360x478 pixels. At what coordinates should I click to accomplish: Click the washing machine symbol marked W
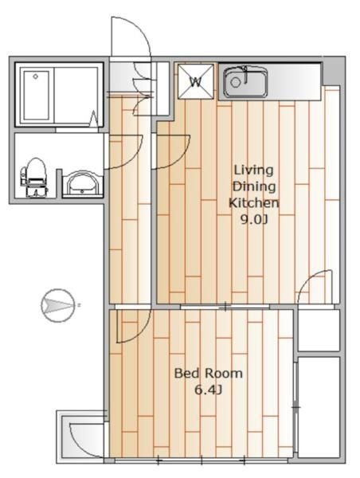pyautogui.click(x=196, y=81)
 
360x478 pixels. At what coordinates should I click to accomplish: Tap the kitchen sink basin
pyautogui.click(x=245, y=82)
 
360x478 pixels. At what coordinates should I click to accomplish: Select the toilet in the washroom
pyautogui.click(x=33, y=178)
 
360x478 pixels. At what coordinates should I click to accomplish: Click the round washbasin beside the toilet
pyautogui.click(x=83, y=183)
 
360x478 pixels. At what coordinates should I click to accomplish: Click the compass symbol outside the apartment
pyautogui.click(x=58, y=305)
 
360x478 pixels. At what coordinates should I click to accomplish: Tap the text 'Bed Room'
pyautogui.click(x=208, y=374)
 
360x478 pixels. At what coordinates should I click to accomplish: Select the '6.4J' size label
pyautogui.click(x=208, y=390)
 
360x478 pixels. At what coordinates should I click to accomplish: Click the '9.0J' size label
pyautogui.click(x=254, y=219)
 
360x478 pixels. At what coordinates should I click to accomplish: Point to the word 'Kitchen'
pyautogui.click(x=254, y=202)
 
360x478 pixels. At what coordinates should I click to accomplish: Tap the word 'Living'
pyautogui.click(x=253, y=170)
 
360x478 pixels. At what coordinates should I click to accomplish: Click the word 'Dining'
pyautogui.click(x=254, y=186)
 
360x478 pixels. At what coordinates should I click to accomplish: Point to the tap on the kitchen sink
pyautogui.click(x=245, y=74)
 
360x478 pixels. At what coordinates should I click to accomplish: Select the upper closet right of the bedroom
pyautogui.click(x=319, y=331)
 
